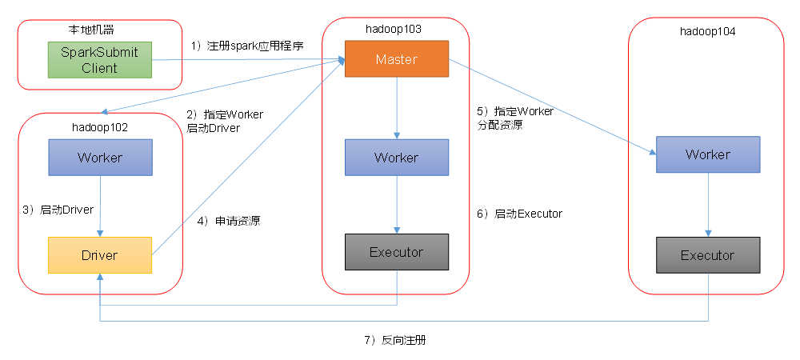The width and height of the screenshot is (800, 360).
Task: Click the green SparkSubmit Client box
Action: pyautogui.click(x=99, y=61)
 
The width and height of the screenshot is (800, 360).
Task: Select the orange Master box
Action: pyautogui.click(x=396, y=59)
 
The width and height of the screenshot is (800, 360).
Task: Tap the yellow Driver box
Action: pyautogui.click(x=99, y=255)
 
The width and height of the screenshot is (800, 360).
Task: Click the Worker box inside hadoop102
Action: pyautogui.click(x=99, y=158)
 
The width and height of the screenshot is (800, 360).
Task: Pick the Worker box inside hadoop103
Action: pyautogui.click(x=396, y=158)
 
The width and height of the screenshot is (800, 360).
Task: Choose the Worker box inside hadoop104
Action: pyautogui.click(x=707, y=154)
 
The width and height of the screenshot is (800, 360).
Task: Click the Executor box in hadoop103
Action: pyautogui.click(x=396, y=252)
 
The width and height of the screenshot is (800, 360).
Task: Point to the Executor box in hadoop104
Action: pyautogui.click(x=707, y=255)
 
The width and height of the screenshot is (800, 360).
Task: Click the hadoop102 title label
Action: pyautogui.click(x=99, y=127)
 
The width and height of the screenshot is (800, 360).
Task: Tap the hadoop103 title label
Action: pyautogui.click(x=394, y=29)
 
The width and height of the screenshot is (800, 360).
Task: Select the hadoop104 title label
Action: pyautogui.click(x=707, y=32)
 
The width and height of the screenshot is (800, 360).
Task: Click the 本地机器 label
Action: pyautogui.click(x=91, y=30)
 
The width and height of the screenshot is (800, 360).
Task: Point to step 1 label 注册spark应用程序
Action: pyautogui.click(x=247, y=46)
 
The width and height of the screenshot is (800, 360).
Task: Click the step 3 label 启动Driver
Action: pyautogui.click(x=58, y=210)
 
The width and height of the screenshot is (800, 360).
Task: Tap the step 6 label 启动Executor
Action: pyautogui.click(x=519, y=214)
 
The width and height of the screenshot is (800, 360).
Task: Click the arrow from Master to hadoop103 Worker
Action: pyautogui.click(x=397, y=108)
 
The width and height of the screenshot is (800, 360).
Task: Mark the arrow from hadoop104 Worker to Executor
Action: pyautogui.click(x=707, y=204)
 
